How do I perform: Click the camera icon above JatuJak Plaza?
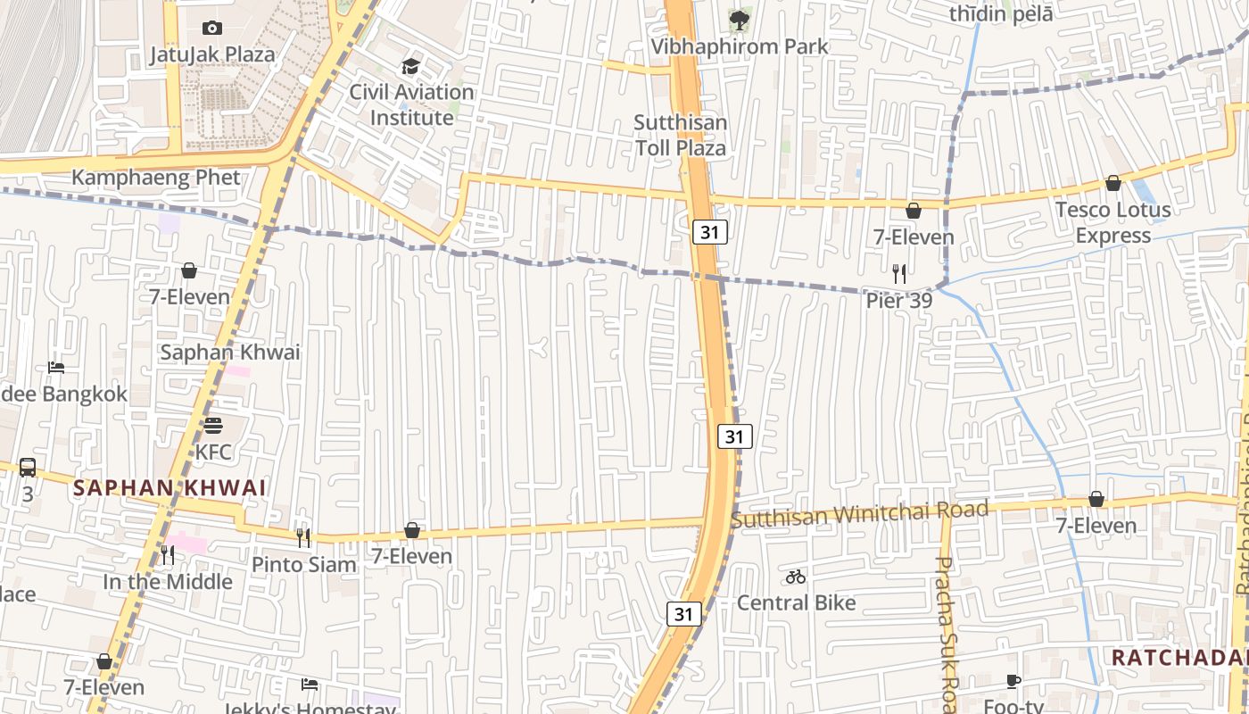coord(212,28)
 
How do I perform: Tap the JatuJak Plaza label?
coord(212,54)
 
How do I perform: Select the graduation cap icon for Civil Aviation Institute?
coord(410,66)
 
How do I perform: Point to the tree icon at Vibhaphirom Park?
coord(739,20)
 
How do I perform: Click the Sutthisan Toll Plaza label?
coord(680,135)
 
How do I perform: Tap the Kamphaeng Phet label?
coord(156,178)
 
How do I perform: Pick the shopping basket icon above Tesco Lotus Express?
coord(1113,184)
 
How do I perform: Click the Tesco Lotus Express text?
coord(1113,223)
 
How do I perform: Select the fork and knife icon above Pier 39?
coord(899,274)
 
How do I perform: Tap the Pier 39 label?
coord(899,301)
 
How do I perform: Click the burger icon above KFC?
coord(212,426)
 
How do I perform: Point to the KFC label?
coord(213,452)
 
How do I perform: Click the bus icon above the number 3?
coord(28,467)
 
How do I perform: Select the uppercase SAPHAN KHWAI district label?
coord(170,488)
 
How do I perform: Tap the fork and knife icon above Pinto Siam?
coord(303,537)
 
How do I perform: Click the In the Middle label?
coord(168,582)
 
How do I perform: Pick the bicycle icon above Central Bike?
coord(796,577)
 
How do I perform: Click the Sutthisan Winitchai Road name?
coord(860,514)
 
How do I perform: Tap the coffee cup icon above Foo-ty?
coord(1013,681)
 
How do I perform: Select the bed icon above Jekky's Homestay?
coord(310,685)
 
